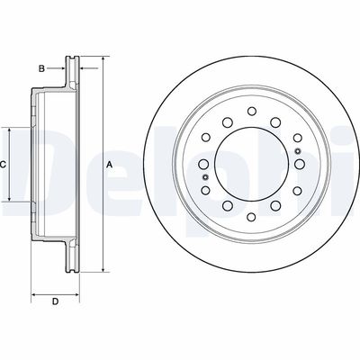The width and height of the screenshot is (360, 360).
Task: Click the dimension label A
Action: (x=110, y=165)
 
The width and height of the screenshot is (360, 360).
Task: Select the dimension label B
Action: (x=41, y=68)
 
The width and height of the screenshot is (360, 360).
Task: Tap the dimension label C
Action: (x=3, y=165)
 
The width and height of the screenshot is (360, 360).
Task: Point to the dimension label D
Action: (x=55, y=301)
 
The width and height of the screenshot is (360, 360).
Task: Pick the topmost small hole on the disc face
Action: (x=251, y=111)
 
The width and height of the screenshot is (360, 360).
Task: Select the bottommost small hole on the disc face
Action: (x=251, y=217)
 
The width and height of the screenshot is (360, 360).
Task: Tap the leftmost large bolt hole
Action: (x=204, y=164)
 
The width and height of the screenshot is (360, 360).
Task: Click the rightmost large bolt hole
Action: (x=300, y=164)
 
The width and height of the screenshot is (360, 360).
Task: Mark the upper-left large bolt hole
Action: (x=228, y=122)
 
